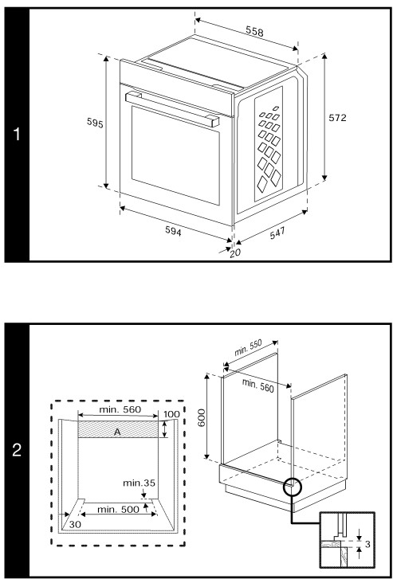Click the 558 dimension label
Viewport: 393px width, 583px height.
pyautogui.click(x=254, y=33)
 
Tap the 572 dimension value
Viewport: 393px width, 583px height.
pyautogui.click(x=338, y=116)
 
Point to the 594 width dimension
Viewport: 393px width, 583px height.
pyautogui.click(x=173, y=232)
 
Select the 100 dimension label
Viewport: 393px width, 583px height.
pyautogui.click(x=171, y=414)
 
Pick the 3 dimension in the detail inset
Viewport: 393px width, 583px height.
pyautogui.click(x=367, y=547)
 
